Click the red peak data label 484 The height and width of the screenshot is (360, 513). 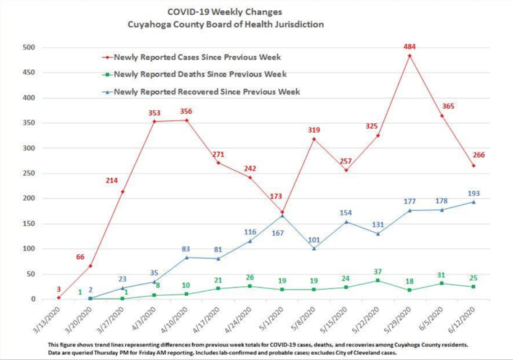(x=409, y=47)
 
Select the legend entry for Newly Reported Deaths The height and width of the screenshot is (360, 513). (x=199, y=74)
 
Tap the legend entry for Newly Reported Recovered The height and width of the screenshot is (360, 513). (x=206, y=91)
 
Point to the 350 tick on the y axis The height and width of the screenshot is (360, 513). (x=29, y=123)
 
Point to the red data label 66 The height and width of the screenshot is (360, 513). (x=81, y=256)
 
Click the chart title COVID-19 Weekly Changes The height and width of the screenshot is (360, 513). (x=224, y=12)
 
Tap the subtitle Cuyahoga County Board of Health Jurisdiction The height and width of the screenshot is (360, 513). (x=224, y=24)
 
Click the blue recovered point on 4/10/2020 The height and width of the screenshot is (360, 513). (x=186, y=257)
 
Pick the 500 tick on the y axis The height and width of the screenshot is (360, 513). (x=29, y=48)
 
